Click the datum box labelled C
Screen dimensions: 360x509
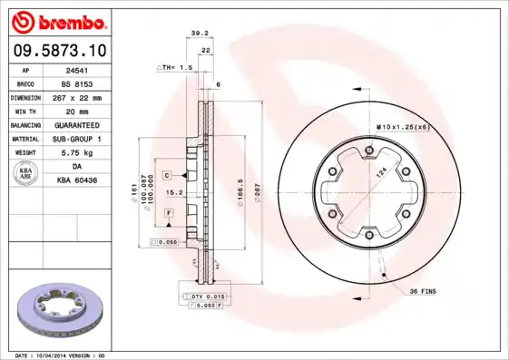click(168, 173)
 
